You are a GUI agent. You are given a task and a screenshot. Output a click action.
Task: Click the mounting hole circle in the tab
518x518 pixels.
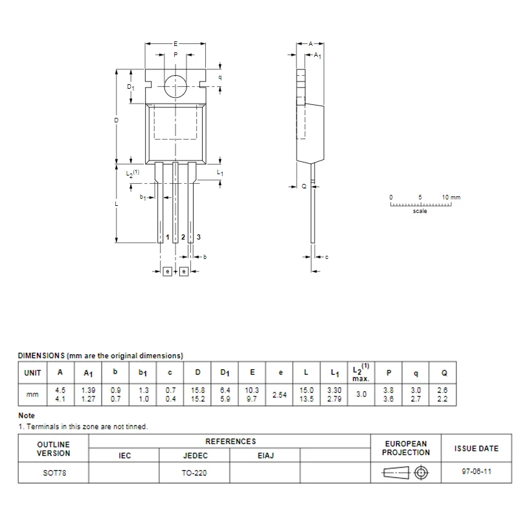tap(175, 86)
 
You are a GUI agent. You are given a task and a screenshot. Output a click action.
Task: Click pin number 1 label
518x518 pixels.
tap(168, 238)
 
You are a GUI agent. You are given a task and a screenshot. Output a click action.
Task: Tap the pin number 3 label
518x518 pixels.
tap(199, 238)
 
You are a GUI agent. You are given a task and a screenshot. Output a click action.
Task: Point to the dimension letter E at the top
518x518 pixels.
tap(175, 43)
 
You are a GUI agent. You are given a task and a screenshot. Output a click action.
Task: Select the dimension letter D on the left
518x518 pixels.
tap(117, 121)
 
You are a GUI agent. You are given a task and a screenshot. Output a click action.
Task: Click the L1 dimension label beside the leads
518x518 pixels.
tap(220, 174)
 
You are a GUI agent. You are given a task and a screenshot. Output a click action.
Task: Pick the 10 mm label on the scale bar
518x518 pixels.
tap(451, 197)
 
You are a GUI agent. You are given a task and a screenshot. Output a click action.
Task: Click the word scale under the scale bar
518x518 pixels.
tap(420, 211)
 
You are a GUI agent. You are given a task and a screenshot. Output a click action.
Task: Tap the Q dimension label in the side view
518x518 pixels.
tap(304, 186)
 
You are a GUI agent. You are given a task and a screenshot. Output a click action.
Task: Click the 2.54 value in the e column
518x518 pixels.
tap(280, 394)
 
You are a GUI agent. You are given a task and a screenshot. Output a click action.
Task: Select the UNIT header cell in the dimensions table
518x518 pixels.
tap(32, 373)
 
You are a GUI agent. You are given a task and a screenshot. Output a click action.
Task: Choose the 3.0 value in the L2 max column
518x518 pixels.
tap(361, 394)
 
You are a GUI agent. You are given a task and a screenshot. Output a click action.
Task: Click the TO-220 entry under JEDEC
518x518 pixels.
tap(195, 473)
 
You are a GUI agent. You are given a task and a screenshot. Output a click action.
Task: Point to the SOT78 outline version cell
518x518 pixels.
tap(54, 473)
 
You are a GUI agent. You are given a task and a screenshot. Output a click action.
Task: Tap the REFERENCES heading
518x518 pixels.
tap(231, 442)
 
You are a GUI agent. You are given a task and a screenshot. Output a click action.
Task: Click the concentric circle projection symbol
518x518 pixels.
tap(422, 473)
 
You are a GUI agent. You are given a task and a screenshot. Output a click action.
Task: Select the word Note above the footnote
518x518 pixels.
tap(27, 416)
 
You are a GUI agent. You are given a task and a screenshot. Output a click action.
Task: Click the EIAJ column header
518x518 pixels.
tap(265, 456)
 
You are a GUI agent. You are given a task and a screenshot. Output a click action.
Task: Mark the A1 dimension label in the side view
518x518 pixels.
tap(318, 57)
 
